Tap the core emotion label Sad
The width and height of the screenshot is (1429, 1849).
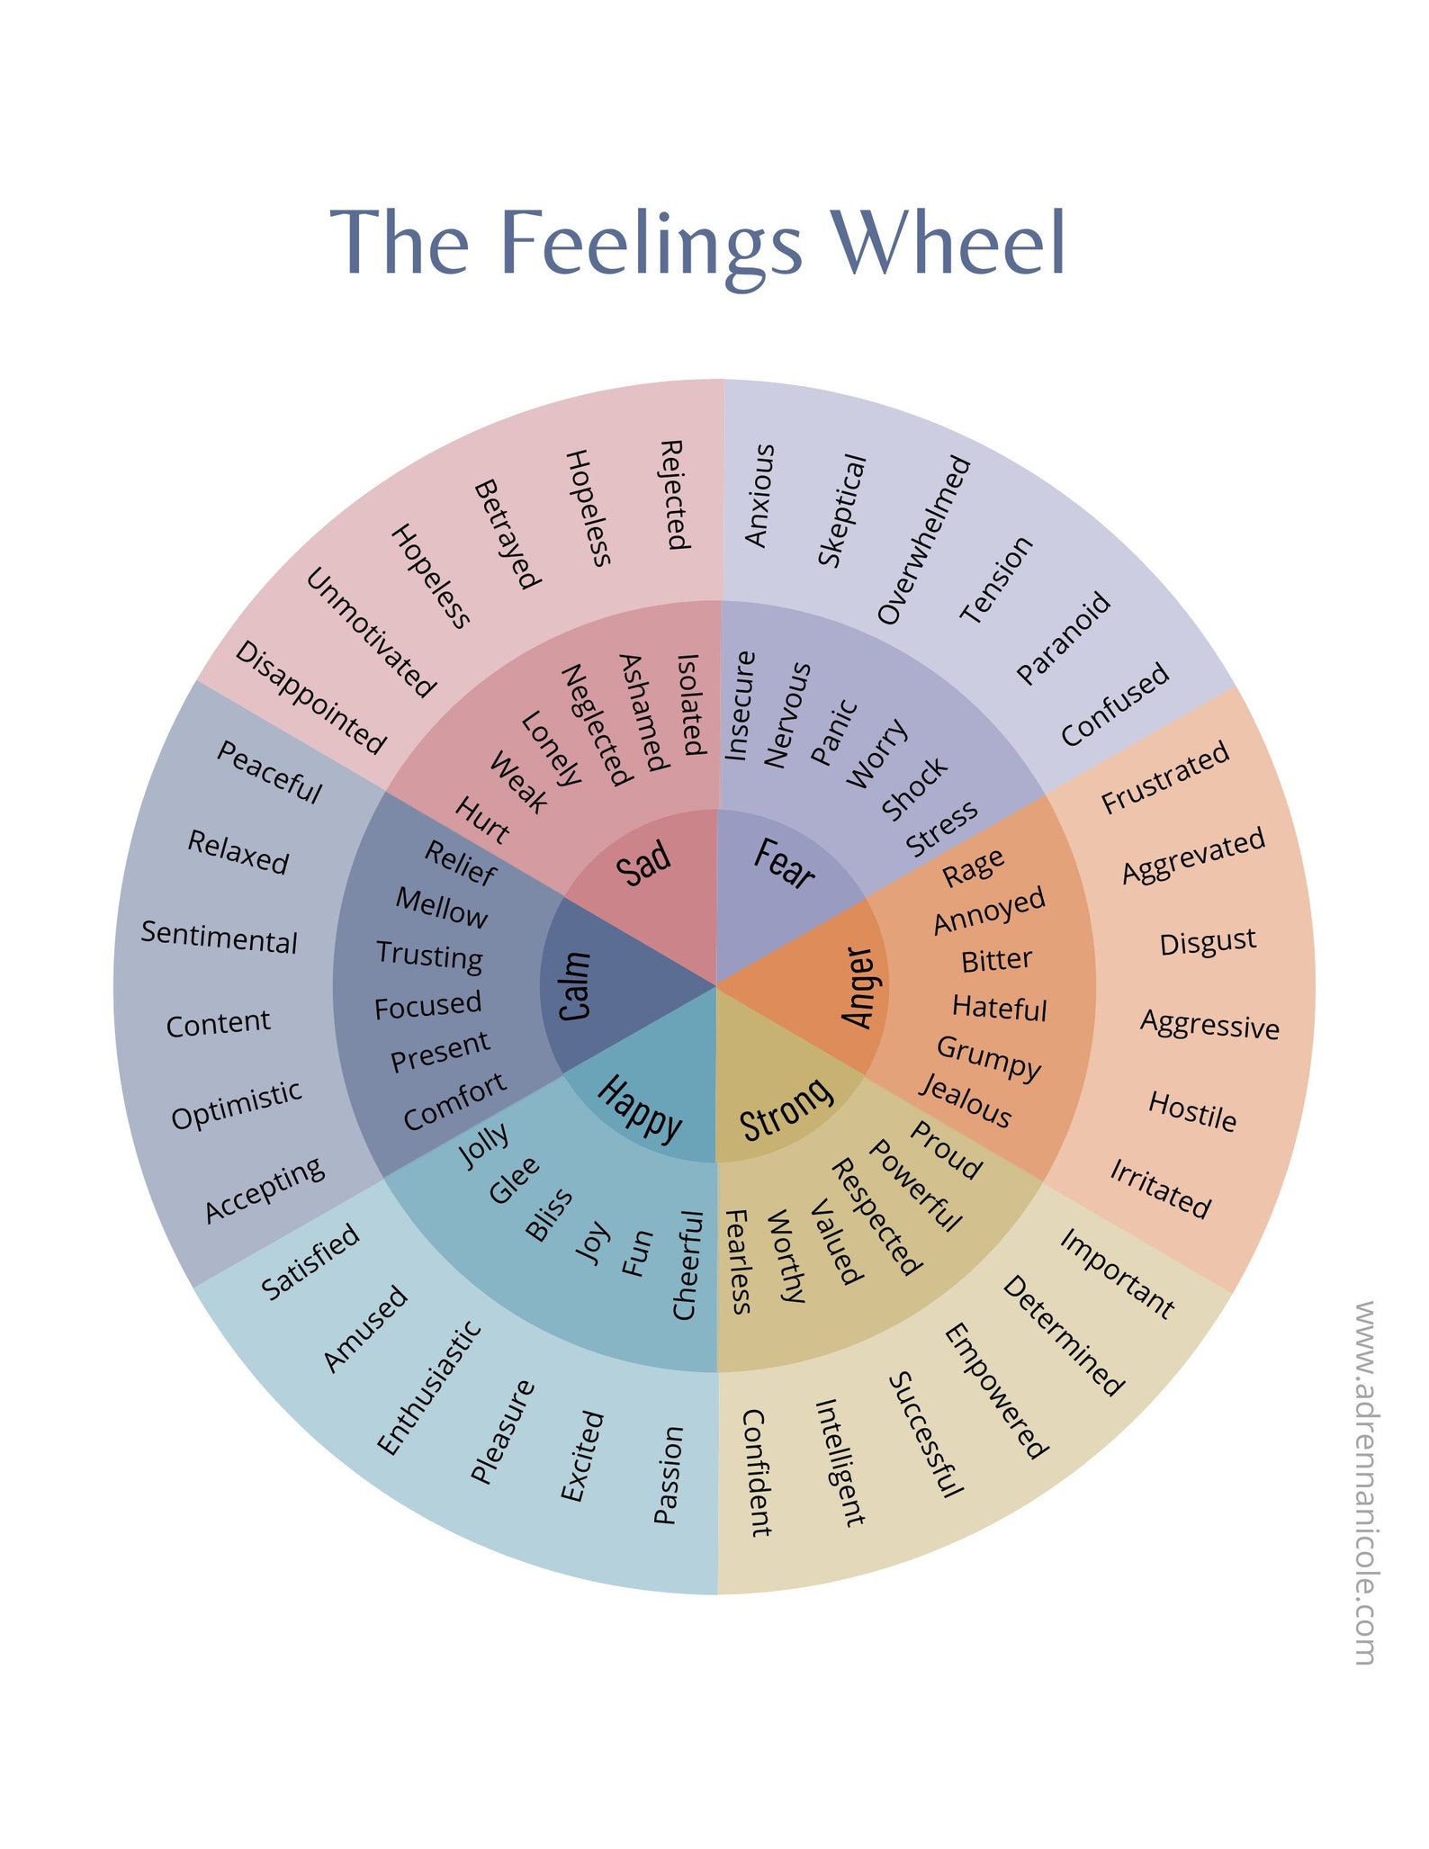click(643, 864)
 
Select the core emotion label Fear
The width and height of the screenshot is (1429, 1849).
click(784, 864)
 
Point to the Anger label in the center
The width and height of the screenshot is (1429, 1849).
click(858, 986)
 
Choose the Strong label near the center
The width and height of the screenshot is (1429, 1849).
click(786, 1108)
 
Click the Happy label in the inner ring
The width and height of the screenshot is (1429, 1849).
click(640, 1108)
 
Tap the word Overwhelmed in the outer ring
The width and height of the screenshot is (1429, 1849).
click(924, 540)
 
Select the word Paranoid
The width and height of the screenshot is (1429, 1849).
click(1064, 638)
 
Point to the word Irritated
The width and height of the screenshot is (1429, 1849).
click(1160, 1189)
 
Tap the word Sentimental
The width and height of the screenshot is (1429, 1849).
click(219, 937)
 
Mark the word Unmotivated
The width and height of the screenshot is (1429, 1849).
click(371, 633)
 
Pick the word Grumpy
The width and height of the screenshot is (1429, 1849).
click(988, 1056)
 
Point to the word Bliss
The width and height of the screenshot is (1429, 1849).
click(549, 1215)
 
